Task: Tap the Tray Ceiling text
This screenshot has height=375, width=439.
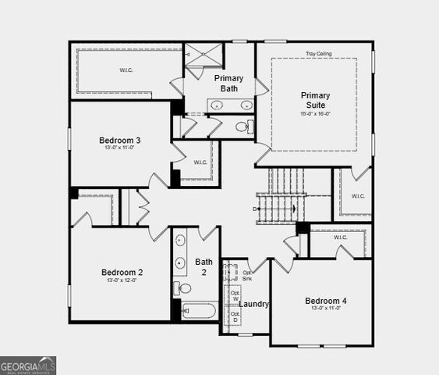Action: click(x=319, y=54)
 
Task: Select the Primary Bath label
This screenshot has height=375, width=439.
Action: click(x=228, y=83)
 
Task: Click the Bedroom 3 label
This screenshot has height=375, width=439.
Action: click(x=122, y=141)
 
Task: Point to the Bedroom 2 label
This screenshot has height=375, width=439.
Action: click(x=122, y=272)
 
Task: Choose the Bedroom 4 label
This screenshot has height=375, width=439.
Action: click(x=326, y=301)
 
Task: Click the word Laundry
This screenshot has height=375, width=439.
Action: click(x=254, y=304)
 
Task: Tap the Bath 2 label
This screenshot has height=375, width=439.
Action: click(x=204, y=267)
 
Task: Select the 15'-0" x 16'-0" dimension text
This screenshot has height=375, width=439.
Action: click(x=315, y=114)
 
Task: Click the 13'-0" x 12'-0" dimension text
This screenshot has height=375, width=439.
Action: click(x=122, y=280)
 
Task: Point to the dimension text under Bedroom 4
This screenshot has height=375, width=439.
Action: click(x=326, y=309)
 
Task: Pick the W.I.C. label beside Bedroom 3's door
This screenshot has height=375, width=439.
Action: click(x=200, y=162)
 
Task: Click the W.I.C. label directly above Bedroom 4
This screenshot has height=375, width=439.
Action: click(x=341, y=237)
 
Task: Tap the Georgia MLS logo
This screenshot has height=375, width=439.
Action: click(x=28, y=365)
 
